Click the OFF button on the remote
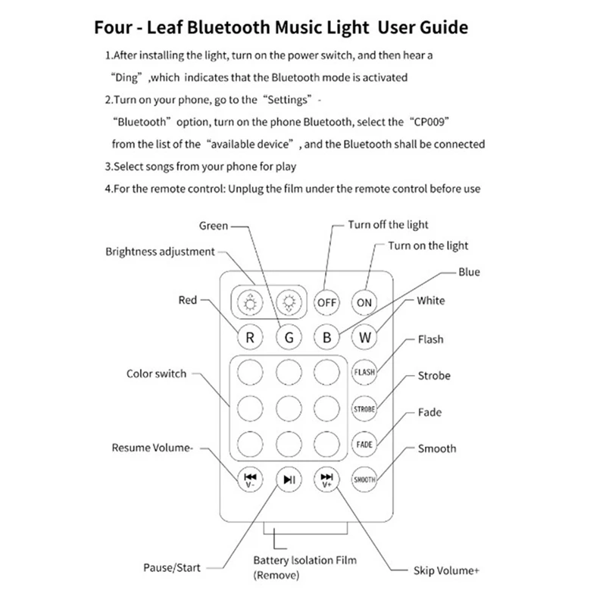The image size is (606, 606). point(326,302)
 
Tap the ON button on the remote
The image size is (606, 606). point(364,302)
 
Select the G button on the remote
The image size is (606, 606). point(289,338)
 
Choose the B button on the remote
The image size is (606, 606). point(326,338)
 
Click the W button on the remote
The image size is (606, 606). point(364,338)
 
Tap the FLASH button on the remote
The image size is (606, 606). point(364,372)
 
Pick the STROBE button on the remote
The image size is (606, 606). point(364,408)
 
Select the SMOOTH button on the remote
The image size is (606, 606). point(364,479)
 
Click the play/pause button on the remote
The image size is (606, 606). point(289,479)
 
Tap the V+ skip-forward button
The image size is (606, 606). point(326,479)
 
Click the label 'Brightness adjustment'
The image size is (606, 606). point(160,251)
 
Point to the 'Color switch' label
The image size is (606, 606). point(156,374)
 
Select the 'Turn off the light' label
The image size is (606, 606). point(388,225)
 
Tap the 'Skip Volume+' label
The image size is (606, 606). point(446,571)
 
